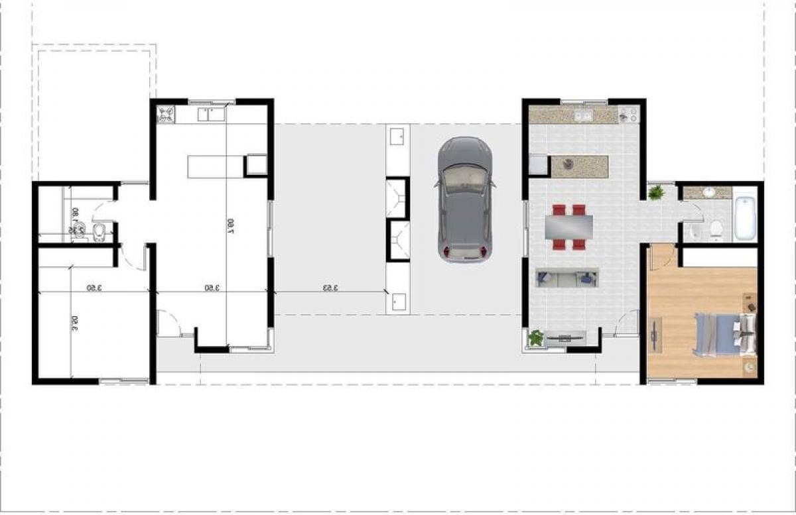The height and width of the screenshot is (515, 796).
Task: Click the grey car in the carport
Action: (464, 199)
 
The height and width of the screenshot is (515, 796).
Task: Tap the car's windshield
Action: (464, 178)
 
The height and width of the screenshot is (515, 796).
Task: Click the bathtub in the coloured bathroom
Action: (745, 217)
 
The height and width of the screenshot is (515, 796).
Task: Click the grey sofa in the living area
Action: (567, 278)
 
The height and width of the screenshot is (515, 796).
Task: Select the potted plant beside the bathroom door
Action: (657, 193)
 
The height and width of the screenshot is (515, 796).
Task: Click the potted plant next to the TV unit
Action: (535, 338)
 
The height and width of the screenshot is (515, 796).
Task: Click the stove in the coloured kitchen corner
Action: (628, 115)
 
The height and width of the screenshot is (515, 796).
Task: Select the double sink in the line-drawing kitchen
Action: (212, 114)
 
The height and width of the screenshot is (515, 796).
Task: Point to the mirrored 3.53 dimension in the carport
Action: (330, 288)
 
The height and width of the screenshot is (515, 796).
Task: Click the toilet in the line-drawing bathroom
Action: (98, 231)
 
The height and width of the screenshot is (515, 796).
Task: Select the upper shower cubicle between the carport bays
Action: (398, 197)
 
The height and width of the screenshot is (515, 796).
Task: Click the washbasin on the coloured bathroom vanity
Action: (708, 193)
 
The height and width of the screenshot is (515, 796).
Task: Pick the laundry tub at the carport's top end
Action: (397, 137)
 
